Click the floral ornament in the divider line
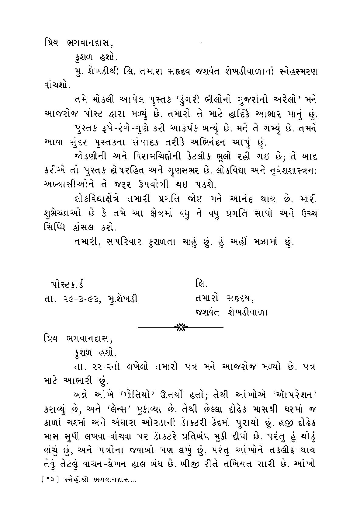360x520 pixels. [x=181, y=327]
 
